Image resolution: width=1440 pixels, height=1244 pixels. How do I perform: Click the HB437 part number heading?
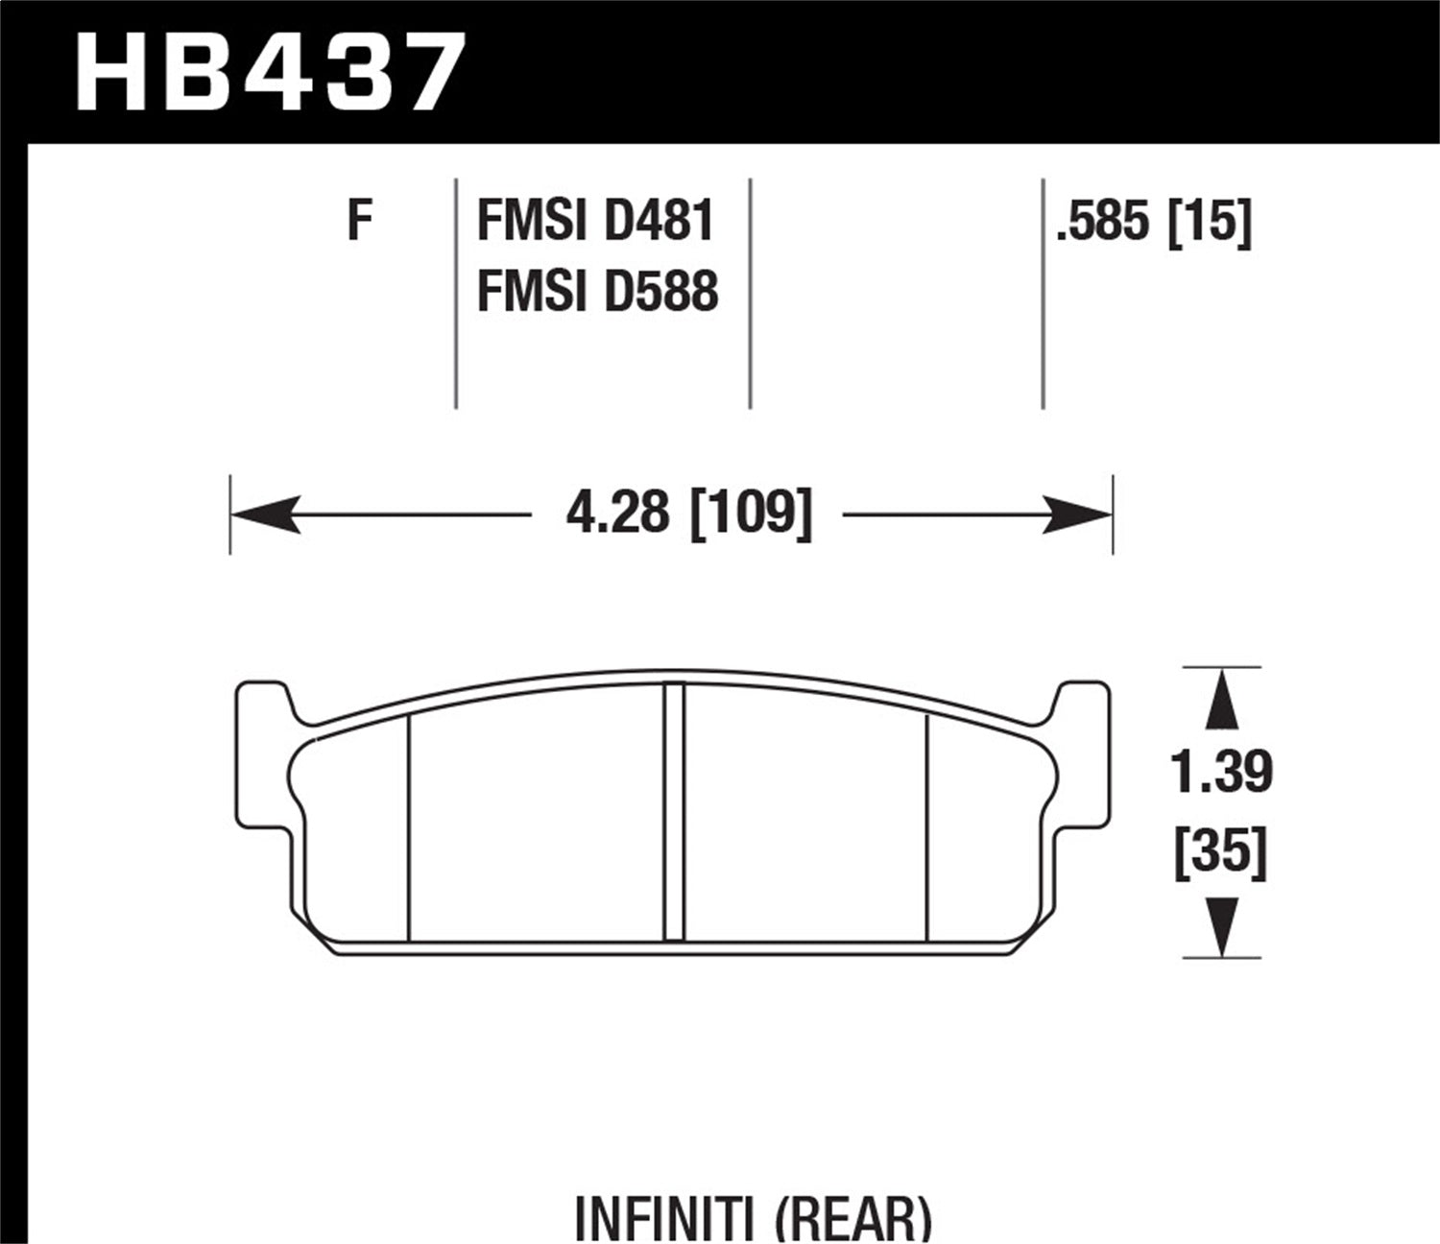[x=272, y=73]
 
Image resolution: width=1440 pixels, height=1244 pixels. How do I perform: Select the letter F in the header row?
[x=359, y=221]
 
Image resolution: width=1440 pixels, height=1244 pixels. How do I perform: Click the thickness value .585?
[x=1101, y=223]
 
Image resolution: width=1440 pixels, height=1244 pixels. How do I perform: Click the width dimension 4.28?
[x=617, y=513]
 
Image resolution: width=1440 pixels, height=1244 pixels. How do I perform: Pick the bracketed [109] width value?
[x=751, y=513]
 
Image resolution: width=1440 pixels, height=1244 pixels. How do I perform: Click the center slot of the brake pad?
[x=675, y=811]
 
